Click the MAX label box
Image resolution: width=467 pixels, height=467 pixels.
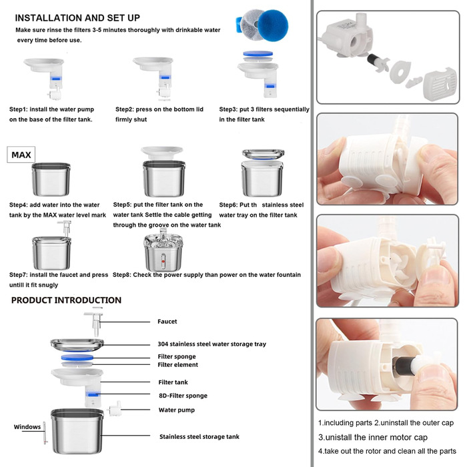(x=21, y=155)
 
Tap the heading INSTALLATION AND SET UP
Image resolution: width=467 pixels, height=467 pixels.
(x=77, y=18)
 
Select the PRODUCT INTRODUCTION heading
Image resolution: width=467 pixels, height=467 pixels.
(x=66, y=300)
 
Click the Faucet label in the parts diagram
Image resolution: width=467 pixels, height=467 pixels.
(x=167, y=322)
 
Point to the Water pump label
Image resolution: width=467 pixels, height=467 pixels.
(x=177, y=410)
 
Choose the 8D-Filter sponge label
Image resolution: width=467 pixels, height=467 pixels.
(x=183, y=396)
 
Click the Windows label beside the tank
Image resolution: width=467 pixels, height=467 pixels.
(x=27, y=427)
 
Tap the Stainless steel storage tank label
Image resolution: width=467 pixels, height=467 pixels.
(x=199, y=436)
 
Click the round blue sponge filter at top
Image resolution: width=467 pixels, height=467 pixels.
(x=273, y=25)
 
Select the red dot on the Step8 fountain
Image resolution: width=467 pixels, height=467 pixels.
(x=163, y=262)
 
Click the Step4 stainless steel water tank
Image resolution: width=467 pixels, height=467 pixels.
(x=51, y=179)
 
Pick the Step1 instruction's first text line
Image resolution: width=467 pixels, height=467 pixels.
(x=51, y=109)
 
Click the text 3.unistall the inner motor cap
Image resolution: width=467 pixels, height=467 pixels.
(x=372, y=437)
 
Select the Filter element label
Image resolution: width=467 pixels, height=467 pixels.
(x=178, y=365)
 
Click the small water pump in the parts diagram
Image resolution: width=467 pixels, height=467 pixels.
(x=115, y=408)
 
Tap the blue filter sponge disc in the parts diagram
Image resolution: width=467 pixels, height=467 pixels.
(x=77, y=358)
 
